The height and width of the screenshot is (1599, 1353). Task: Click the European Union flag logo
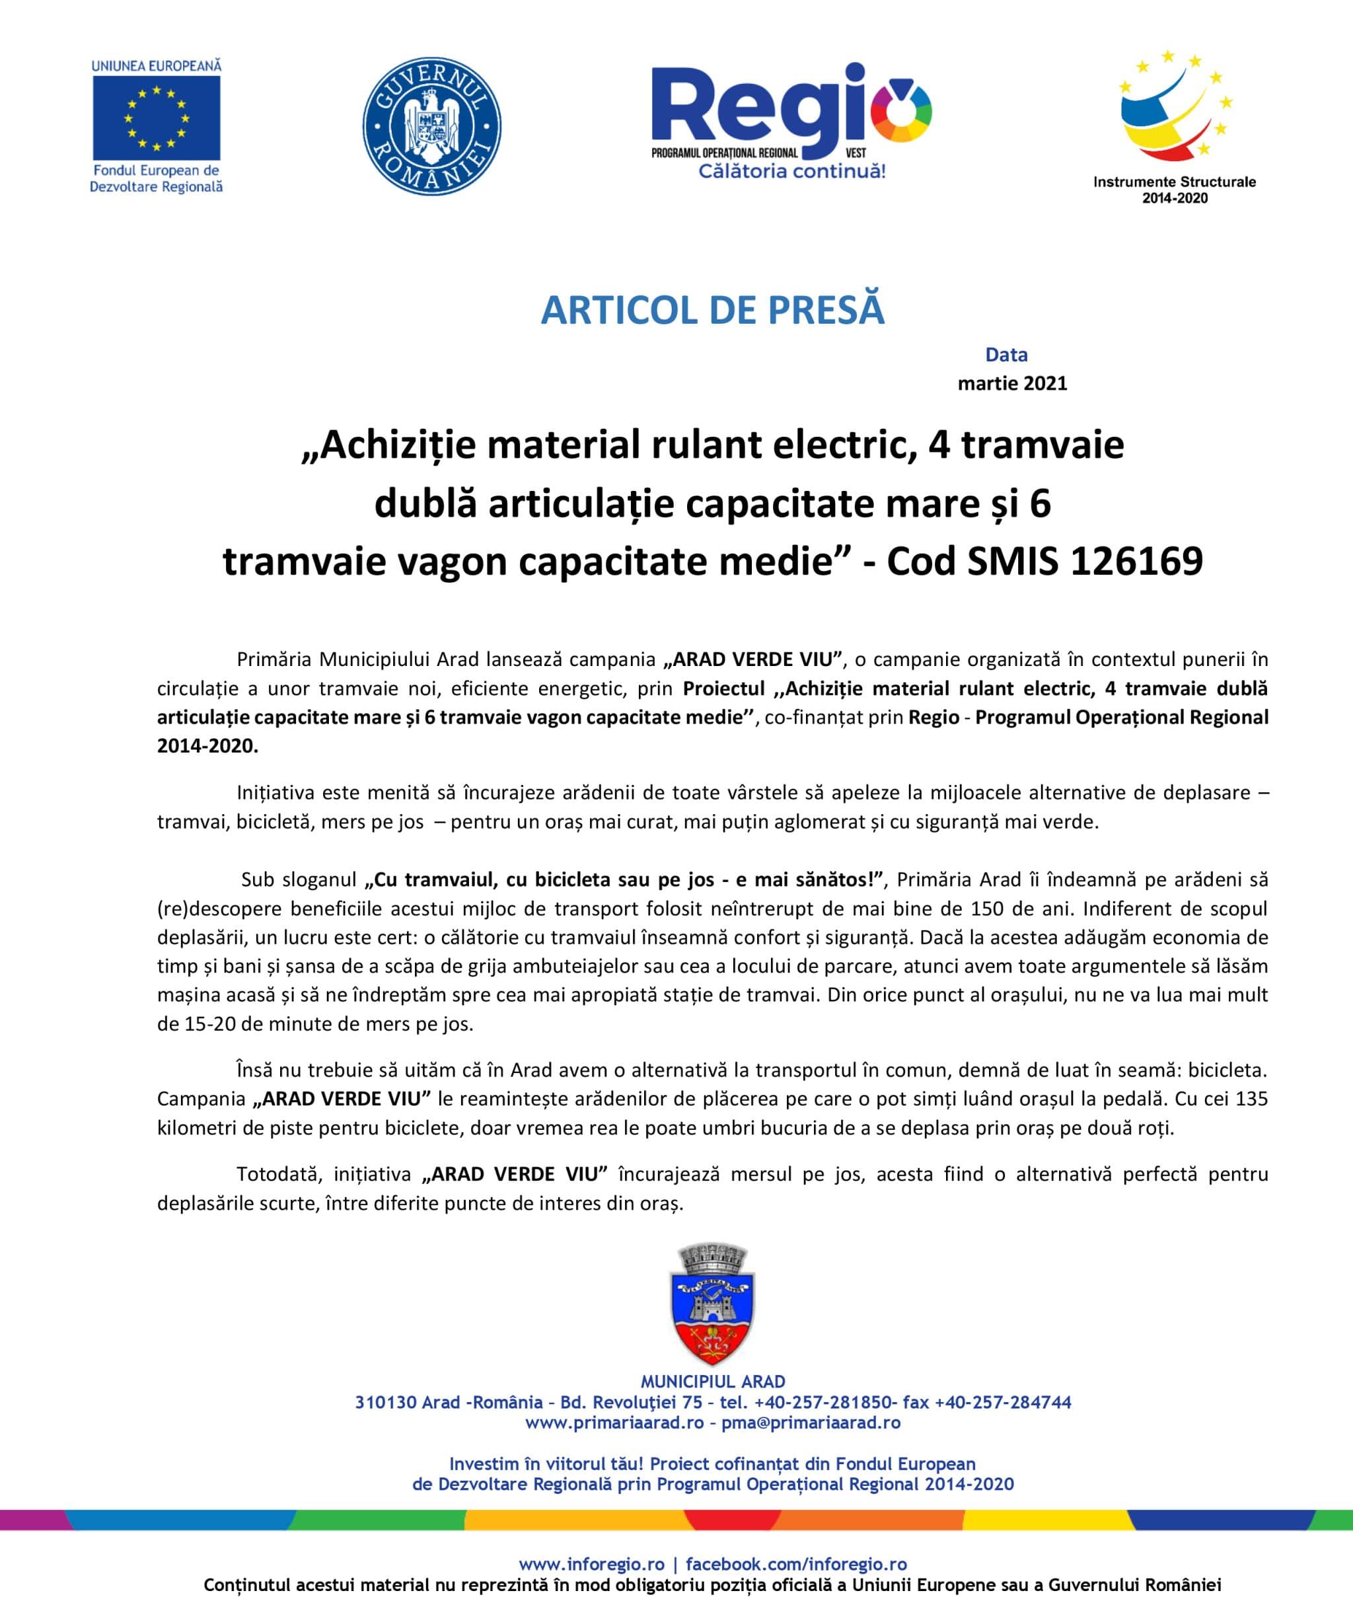[x=157, y=118]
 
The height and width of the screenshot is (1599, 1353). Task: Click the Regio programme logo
[x=791, y=115]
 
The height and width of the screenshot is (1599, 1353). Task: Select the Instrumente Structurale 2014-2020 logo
[x=1173, y=127]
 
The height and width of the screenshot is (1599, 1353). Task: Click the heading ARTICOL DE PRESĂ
[x=713, y=310]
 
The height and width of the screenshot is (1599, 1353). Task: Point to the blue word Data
[x=1006, y=354]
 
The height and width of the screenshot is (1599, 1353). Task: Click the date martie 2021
[x=1013, y=383]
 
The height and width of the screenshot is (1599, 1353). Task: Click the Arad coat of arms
[x=713, y=1304]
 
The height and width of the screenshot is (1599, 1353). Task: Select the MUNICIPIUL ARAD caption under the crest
[x=713, y=1382]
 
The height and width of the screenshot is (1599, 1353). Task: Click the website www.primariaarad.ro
[x=614, y=1423]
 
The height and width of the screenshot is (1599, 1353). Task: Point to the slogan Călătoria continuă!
[x=791, y=170]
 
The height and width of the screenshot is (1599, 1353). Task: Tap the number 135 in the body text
[x=1252, y=1099]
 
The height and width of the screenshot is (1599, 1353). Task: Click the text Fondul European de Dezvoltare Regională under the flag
[x=157, y=178]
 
